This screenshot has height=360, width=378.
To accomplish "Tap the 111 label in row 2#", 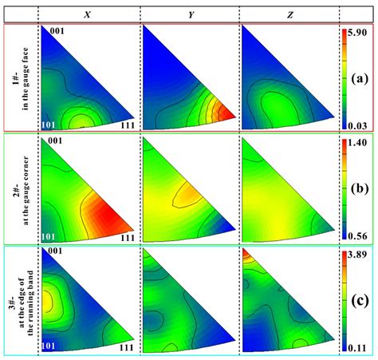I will click(127, 237).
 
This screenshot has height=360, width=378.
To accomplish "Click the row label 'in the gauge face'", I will click(26, 77).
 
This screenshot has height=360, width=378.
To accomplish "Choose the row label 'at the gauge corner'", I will click(26, 188).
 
